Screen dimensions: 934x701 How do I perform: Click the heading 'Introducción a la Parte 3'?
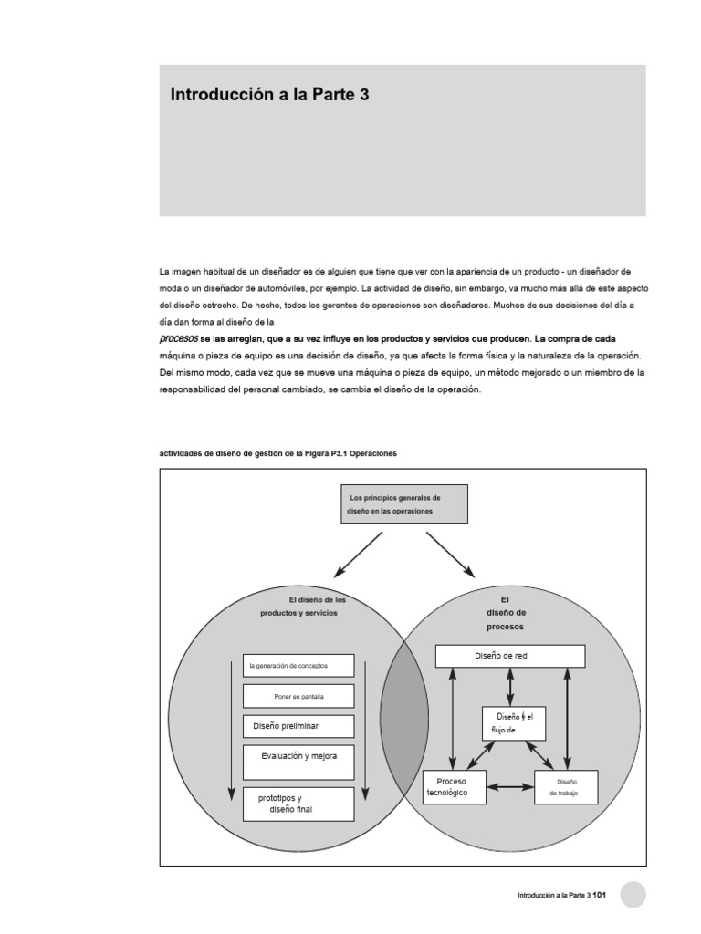click(x=269, y=95)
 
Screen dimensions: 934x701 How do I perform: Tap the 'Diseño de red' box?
click(x=509, y=656)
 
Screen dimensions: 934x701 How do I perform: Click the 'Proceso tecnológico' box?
click(x=455, y=787)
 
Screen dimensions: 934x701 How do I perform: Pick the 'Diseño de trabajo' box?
click(x=566, y=787)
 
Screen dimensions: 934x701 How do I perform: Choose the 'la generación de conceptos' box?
click(x=298, y=666)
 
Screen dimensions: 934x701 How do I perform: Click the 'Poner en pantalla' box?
click(x=298, y=697)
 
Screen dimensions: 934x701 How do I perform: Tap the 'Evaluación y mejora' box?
click(x=298, y=762)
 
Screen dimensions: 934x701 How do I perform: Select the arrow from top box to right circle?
click(x=450, y=554)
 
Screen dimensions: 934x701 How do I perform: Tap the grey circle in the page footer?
click(x=633, y=895)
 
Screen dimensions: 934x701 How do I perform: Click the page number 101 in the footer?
click(x=600, y=896)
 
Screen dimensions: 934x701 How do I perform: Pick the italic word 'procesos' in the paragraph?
click(x=178, y=338)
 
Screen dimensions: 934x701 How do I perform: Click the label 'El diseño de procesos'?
click(x=506, y=613)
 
